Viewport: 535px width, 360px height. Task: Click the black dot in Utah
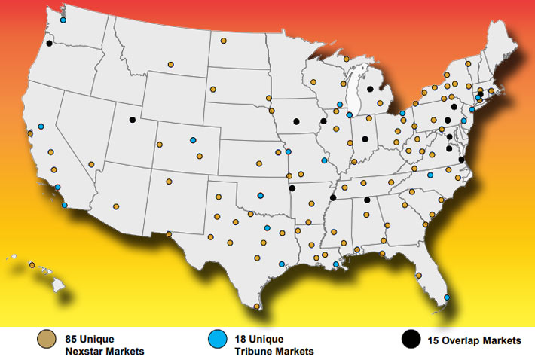tap(132, 119)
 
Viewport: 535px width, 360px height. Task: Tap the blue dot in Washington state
tap(63, 20)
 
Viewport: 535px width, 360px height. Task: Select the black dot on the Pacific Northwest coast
tap(49, 44)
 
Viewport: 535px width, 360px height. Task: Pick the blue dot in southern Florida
tap(447, 297)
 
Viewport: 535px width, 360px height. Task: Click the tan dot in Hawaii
tap(32, 264)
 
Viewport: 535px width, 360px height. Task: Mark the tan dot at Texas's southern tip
tap(257, 307)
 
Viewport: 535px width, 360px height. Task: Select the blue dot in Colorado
tap(193, 140)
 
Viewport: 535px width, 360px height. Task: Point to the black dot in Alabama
tap(367, 200)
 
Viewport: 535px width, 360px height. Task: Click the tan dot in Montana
tap(170, 65)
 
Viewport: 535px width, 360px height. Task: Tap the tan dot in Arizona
tap(116, 206)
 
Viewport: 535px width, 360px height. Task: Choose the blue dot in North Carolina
tap(430, 175)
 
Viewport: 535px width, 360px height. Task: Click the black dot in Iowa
tap(296, 121)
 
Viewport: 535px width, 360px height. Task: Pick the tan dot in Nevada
tap(91, 164)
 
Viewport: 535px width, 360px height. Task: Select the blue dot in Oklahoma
tap(260, 195)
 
